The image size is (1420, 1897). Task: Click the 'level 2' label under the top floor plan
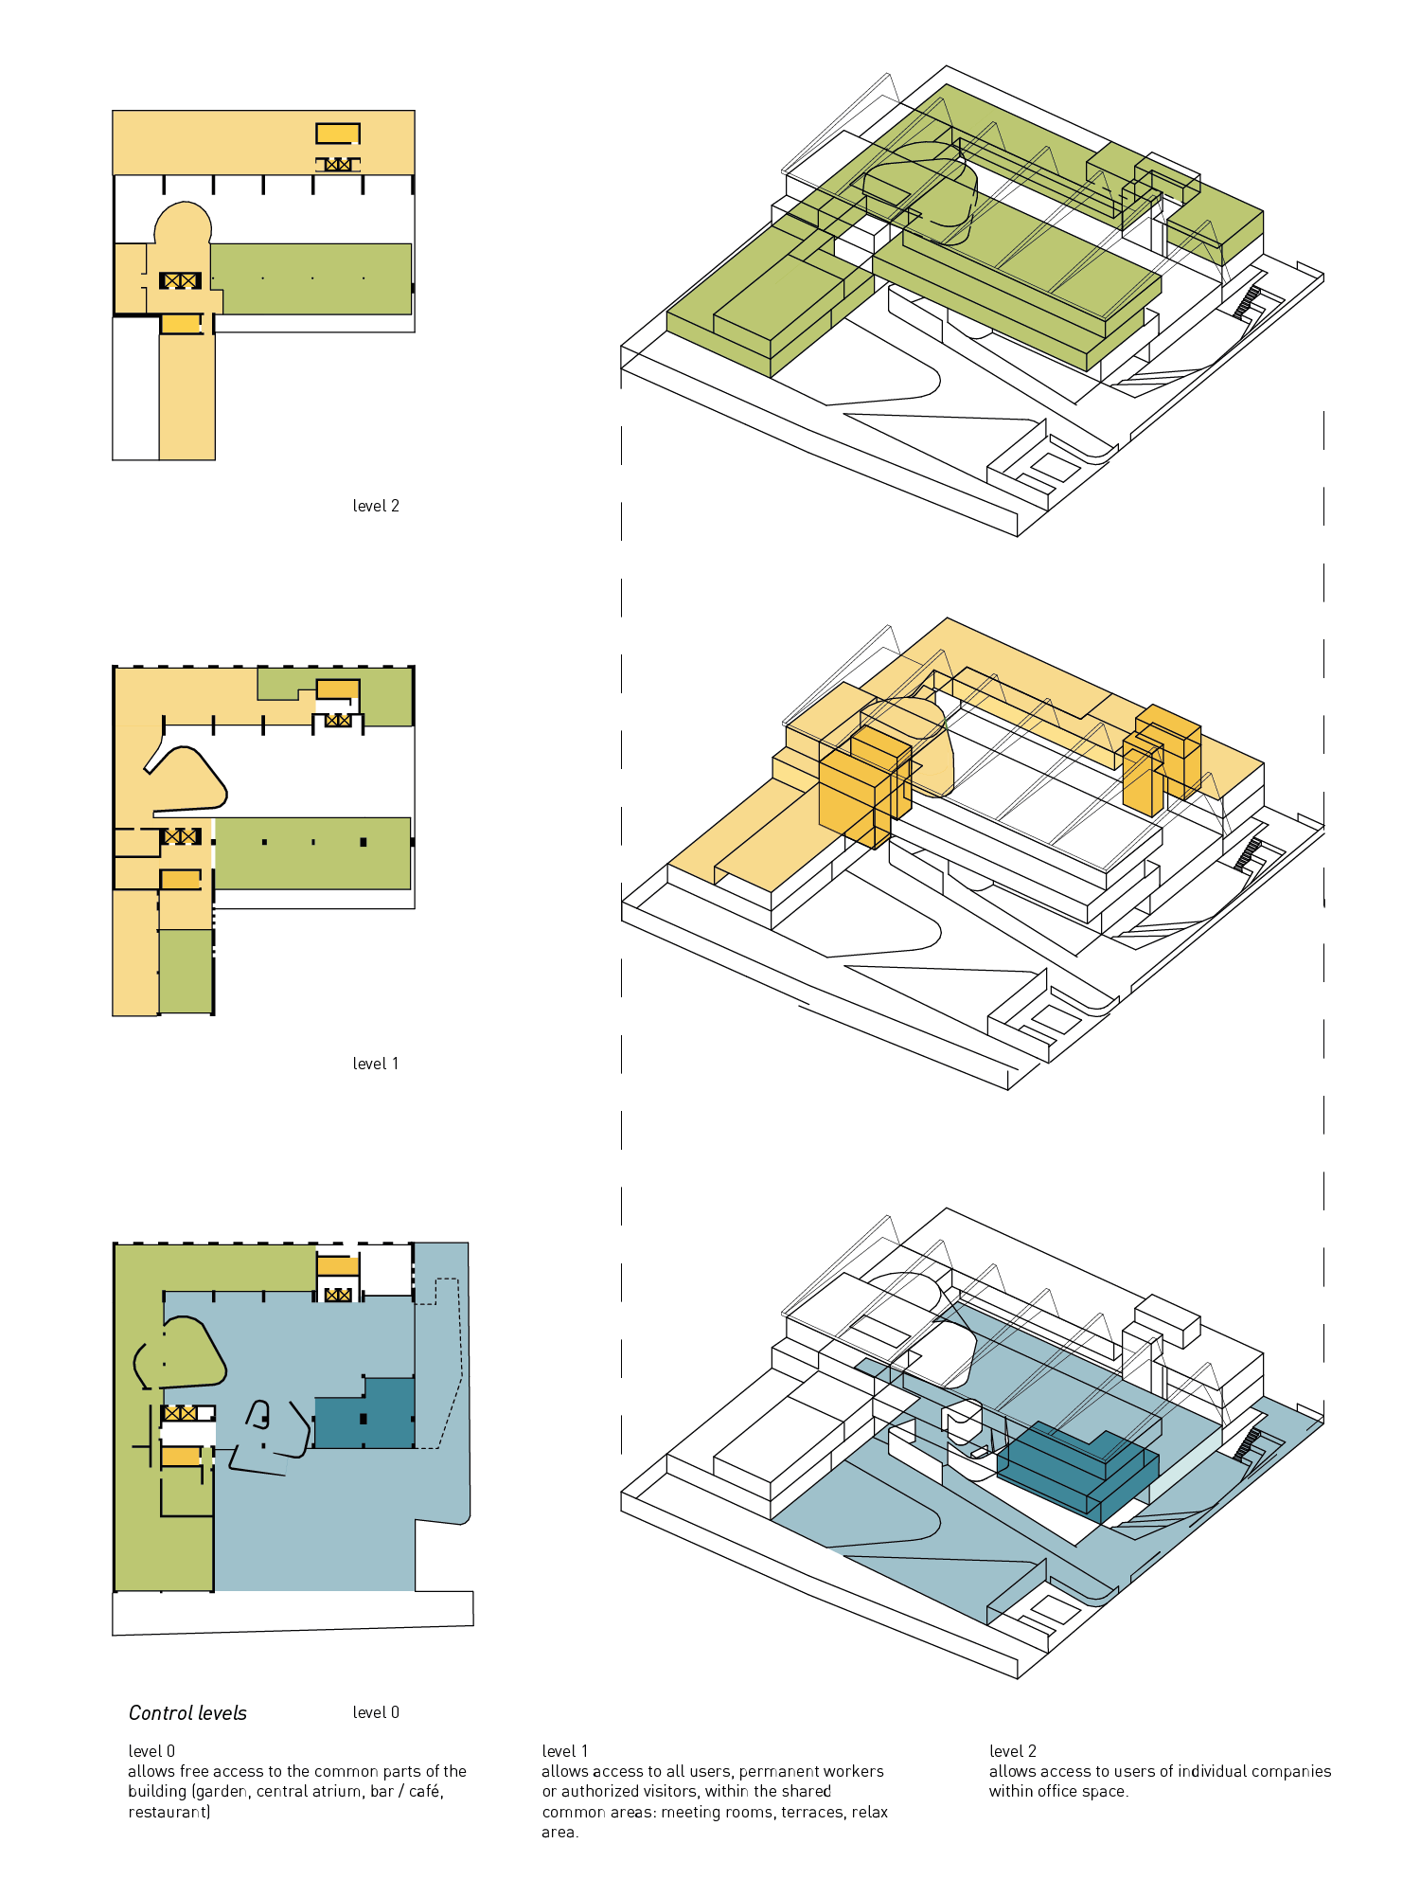pos(376,506)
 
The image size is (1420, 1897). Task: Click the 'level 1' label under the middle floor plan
pos(376,1064)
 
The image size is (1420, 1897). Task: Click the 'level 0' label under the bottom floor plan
pos(376,1712)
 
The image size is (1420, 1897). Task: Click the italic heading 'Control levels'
pos(187,1713)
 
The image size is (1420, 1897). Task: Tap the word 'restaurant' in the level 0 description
pos(169,1812)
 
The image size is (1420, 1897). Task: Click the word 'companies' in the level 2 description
pos(1291,1771)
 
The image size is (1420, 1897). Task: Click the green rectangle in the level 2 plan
pos(312,278)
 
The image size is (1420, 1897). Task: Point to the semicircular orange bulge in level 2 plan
pos(183,224)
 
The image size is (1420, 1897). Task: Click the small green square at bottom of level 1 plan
pos(186,971)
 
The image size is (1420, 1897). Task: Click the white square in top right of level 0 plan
pos(385,1269)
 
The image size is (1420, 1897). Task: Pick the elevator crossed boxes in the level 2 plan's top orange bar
pos(338,165)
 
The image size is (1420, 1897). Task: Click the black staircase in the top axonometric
pos(1251,301)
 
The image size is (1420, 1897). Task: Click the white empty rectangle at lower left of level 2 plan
pos(135,388)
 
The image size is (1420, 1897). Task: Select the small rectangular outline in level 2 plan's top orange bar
pos(338,134)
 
